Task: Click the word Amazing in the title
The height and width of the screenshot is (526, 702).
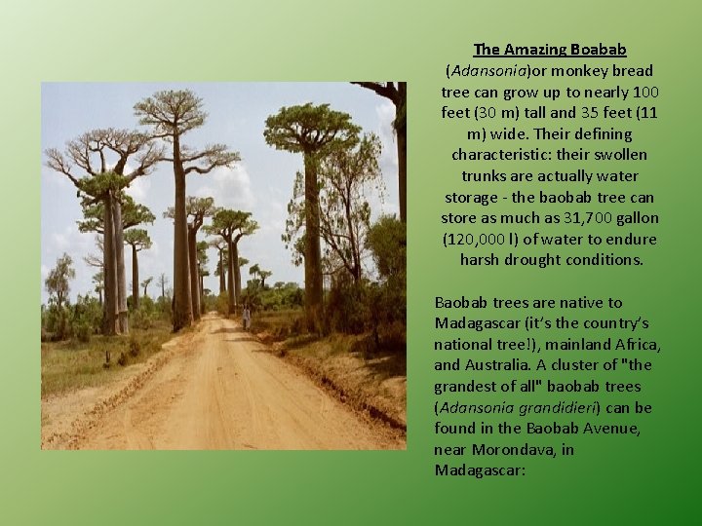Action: click(535, 49)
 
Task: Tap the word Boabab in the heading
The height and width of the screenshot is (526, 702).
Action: click(599, 49)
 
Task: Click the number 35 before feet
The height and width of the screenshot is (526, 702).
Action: click(587, 112)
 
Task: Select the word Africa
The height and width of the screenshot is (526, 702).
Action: click(637, 345)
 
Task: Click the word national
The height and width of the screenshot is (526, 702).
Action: click(462, 345)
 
